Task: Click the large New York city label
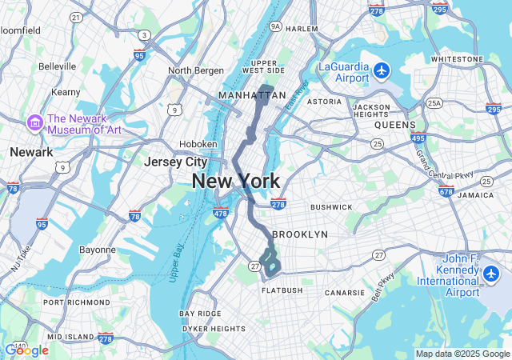coord(235,182)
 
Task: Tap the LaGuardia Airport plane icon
coord(381,70)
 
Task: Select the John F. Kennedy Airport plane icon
coord(490,275)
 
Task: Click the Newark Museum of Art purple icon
coord(35,123)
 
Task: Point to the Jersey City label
coord(175,162)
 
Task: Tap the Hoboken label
coord(198,144)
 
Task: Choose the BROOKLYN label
coord(300,234)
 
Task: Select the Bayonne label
coord(98,250)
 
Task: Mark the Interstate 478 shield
coord(221,213)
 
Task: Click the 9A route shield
coord(277,26)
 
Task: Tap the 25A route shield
coord(434,103)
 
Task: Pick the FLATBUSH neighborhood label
coord(282,290)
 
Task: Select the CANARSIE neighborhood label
coord(345,293)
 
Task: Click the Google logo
coord(26,350)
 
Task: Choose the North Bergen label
coord(196,70)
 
